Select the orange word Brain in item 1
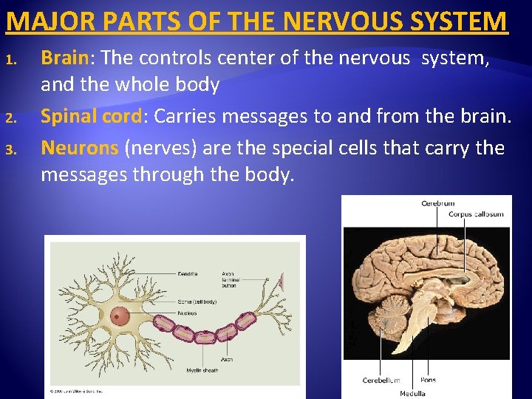[x=64, y=58]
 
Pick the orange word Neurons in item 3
[x=80, y=148]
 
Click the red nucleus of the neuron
[x=119, y=317]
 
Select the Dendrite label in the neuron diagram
[x=187, y=274]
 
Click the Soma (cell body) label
[x=197, y=301]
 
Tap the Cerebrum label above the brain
[x=437, y=203]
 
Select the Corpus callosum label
[x=476, y=214]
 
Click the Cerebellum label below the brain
[x=381, y=381]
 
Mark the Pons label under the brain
[x=428, y=380]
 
